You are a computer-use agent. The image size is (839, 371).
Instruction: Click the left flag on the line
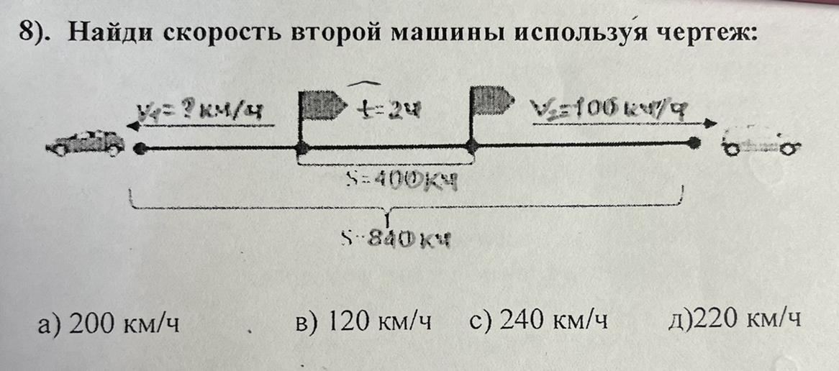[317, 108]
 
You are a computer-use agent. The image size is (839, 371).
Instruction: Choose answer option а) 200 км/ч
[109, 323]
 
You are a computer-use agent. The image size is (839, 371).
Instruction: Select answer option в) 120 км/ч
[364, 321]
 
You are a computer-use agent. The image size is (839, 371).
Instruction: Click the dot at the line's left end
[141, 149]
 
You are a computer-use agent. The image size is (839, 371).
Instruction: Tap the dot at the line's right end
[694, 144]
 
